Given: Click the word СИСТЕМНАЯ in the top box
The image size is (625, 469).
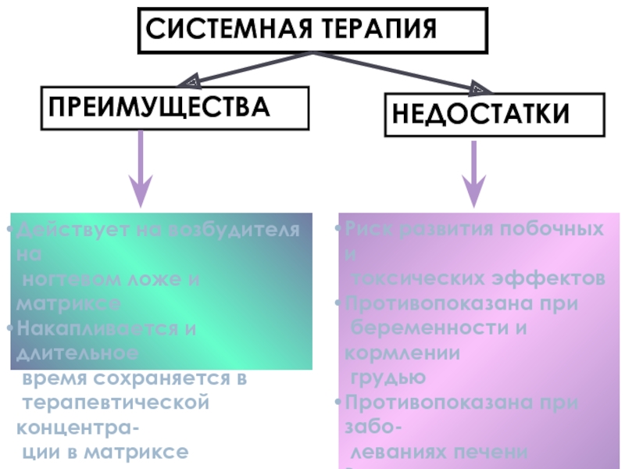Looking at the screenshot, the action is coord(220,30).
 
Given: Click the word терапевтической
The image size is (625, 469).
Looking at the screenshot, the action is coord(116,403).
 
